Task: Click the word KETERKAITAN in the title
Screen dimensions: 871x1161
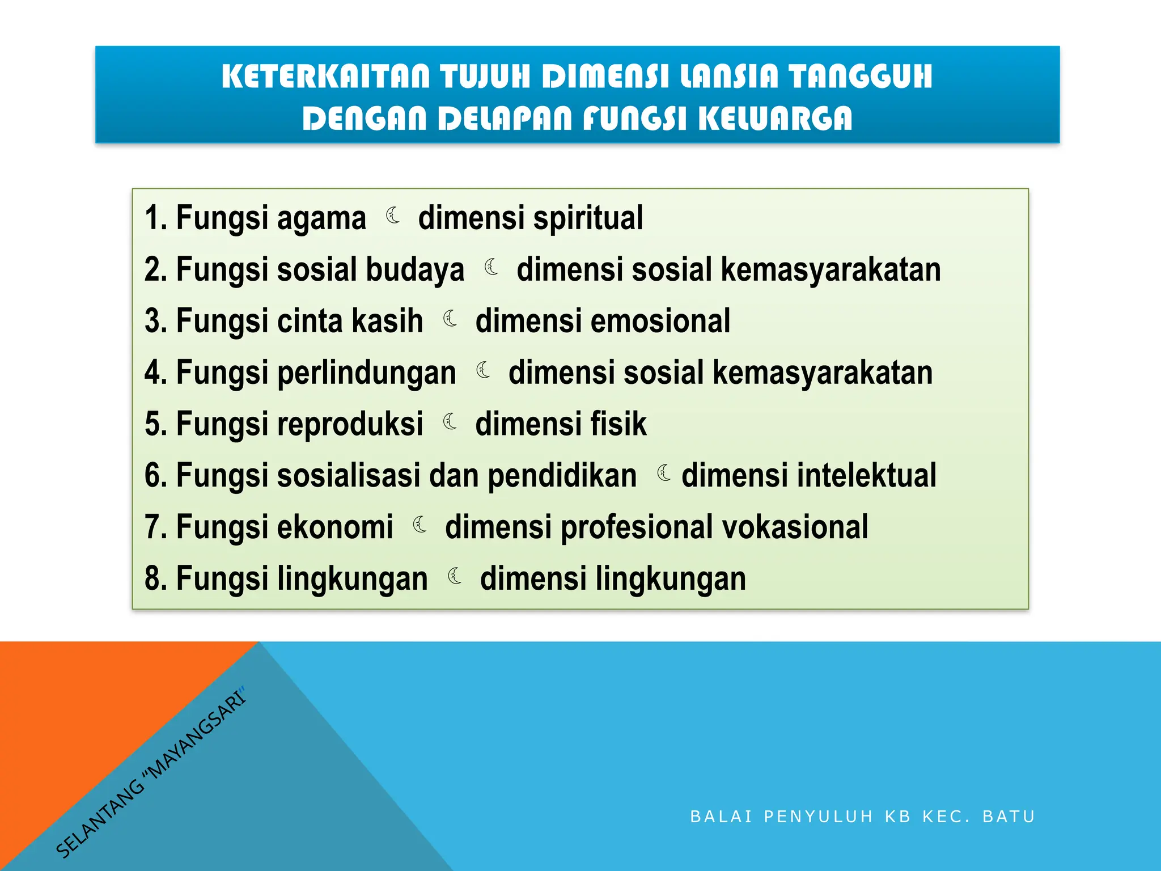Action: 326,77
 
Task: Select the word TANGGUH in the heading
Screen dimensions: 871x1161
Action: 861,77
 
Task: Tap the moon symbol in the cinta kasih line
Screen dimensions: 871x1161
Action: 451,319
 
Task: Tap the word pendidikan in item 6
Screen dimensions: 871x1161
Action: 562,476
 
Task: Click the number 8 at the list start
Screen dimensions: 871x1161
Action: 152,578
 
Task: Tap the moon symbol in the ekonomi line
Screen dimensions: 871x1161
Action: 420,525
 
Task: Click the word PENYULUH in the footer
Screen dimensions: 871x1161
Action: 819,817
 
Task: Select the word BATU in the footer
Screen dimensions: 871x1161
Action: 1009,817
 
